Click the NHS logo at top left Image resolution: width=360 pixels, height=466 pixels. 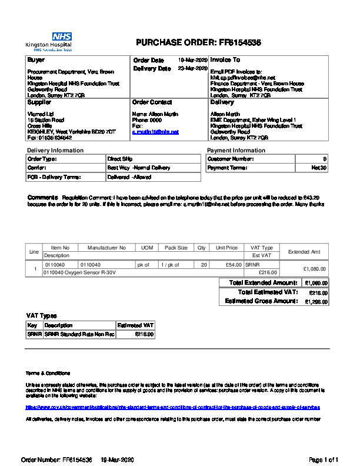pos(62,36)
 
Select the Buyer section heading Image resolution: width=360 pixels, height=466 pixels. pos(36,60)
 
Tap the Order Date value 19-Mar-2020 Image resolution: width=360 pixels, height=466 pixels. pos(193,60)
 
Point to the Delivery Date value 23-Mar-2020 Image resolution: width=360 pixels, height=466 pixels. pos(193,69)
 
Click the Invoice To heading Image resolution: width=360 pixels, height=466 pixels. pos(225,60)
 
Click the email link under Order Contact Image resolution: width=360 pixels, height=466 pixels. pos(155,132)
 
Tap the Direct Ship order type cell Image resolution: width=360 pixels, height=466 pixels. pos(120,159)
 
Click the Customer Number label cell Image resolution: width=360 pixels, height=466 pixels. pos(229,159)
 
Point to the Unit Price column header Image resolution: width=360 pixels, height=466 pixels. pos(226,248)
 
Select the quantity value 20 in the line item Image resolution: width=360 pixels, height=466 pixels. pos(204,265)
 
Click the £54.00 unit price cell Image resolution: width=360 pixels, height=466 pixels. pos(228,265)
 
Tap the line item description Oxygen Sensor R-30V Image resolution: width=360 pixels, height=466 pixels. pos(80,272)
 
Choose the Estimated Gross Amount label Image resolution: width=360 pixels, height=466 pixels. pos(261,301)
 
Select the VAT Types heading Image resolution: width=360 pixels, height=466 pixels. pos(42,316)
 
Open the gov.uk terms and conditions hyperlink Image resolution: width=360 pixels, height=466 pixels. pos(173,407)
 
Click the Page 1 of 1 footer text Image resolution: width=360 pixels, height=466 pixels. pos(324,459)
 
